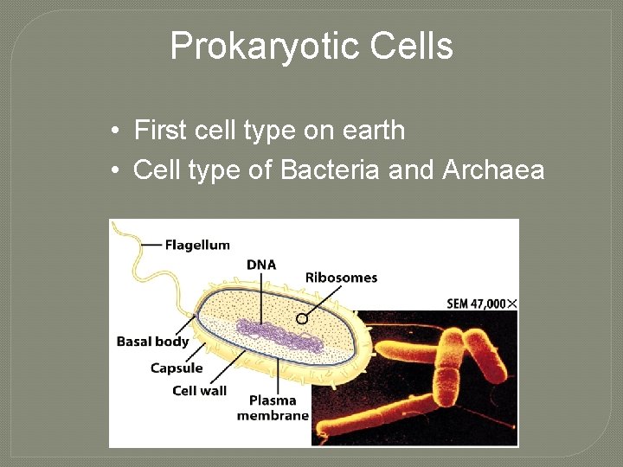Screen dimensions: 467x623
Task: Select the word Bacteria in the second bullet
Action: tap(329, 170)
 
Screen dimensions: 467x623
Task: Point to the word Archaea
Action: tap(493, 170)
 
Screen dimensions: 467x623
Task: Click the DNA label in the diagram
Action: tap(261, 265)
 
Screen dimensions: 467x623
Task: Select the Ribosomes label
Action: tap(341, 278)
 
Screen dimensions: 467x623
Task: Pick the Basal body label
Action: tap(152, 342)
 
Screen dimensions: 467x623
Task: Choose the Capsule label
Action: tap(177, 368)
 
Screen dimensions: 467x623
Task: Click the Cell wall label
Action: tap(199, 390)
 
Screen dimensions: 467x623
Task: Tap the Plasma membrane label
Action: tap(273, 407)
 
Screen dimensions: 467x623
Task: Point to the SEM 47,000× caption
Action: tap(482, 304)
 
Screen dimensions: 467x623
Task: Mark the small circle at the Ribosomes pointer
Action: tap(302, 318)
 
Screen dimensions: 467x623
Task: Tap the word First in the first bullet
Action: tap(162, 131)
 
